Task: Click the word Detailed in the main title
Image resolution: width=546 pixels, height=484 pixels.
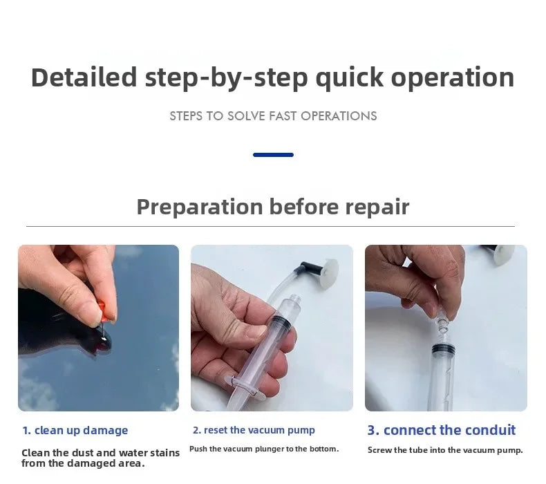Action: pyautogui.click(x=84, y=77)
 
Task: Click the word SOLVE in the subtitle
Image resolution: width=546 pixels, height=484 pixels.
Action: pyautogui.click(x=246, y=116)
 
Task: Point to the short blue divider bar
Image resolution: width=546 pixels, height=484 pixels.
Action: pyautogui.click(x=274, y=155)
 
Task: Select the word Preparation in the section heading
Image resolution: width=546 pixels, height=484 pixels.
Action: pyautogui.click(x=200, y=207)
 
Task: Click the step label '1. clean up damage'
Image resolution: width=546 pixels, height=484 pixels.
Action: pyautogui.click(x=75, y=431)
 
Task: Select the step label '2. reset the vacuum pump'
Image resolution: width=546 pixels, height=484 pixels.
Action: pyautogui.click(x=254, y=430)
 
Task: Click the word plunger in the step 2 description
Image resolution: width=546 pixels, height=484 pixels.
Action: pyautogui.click(x=270, y=449)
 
